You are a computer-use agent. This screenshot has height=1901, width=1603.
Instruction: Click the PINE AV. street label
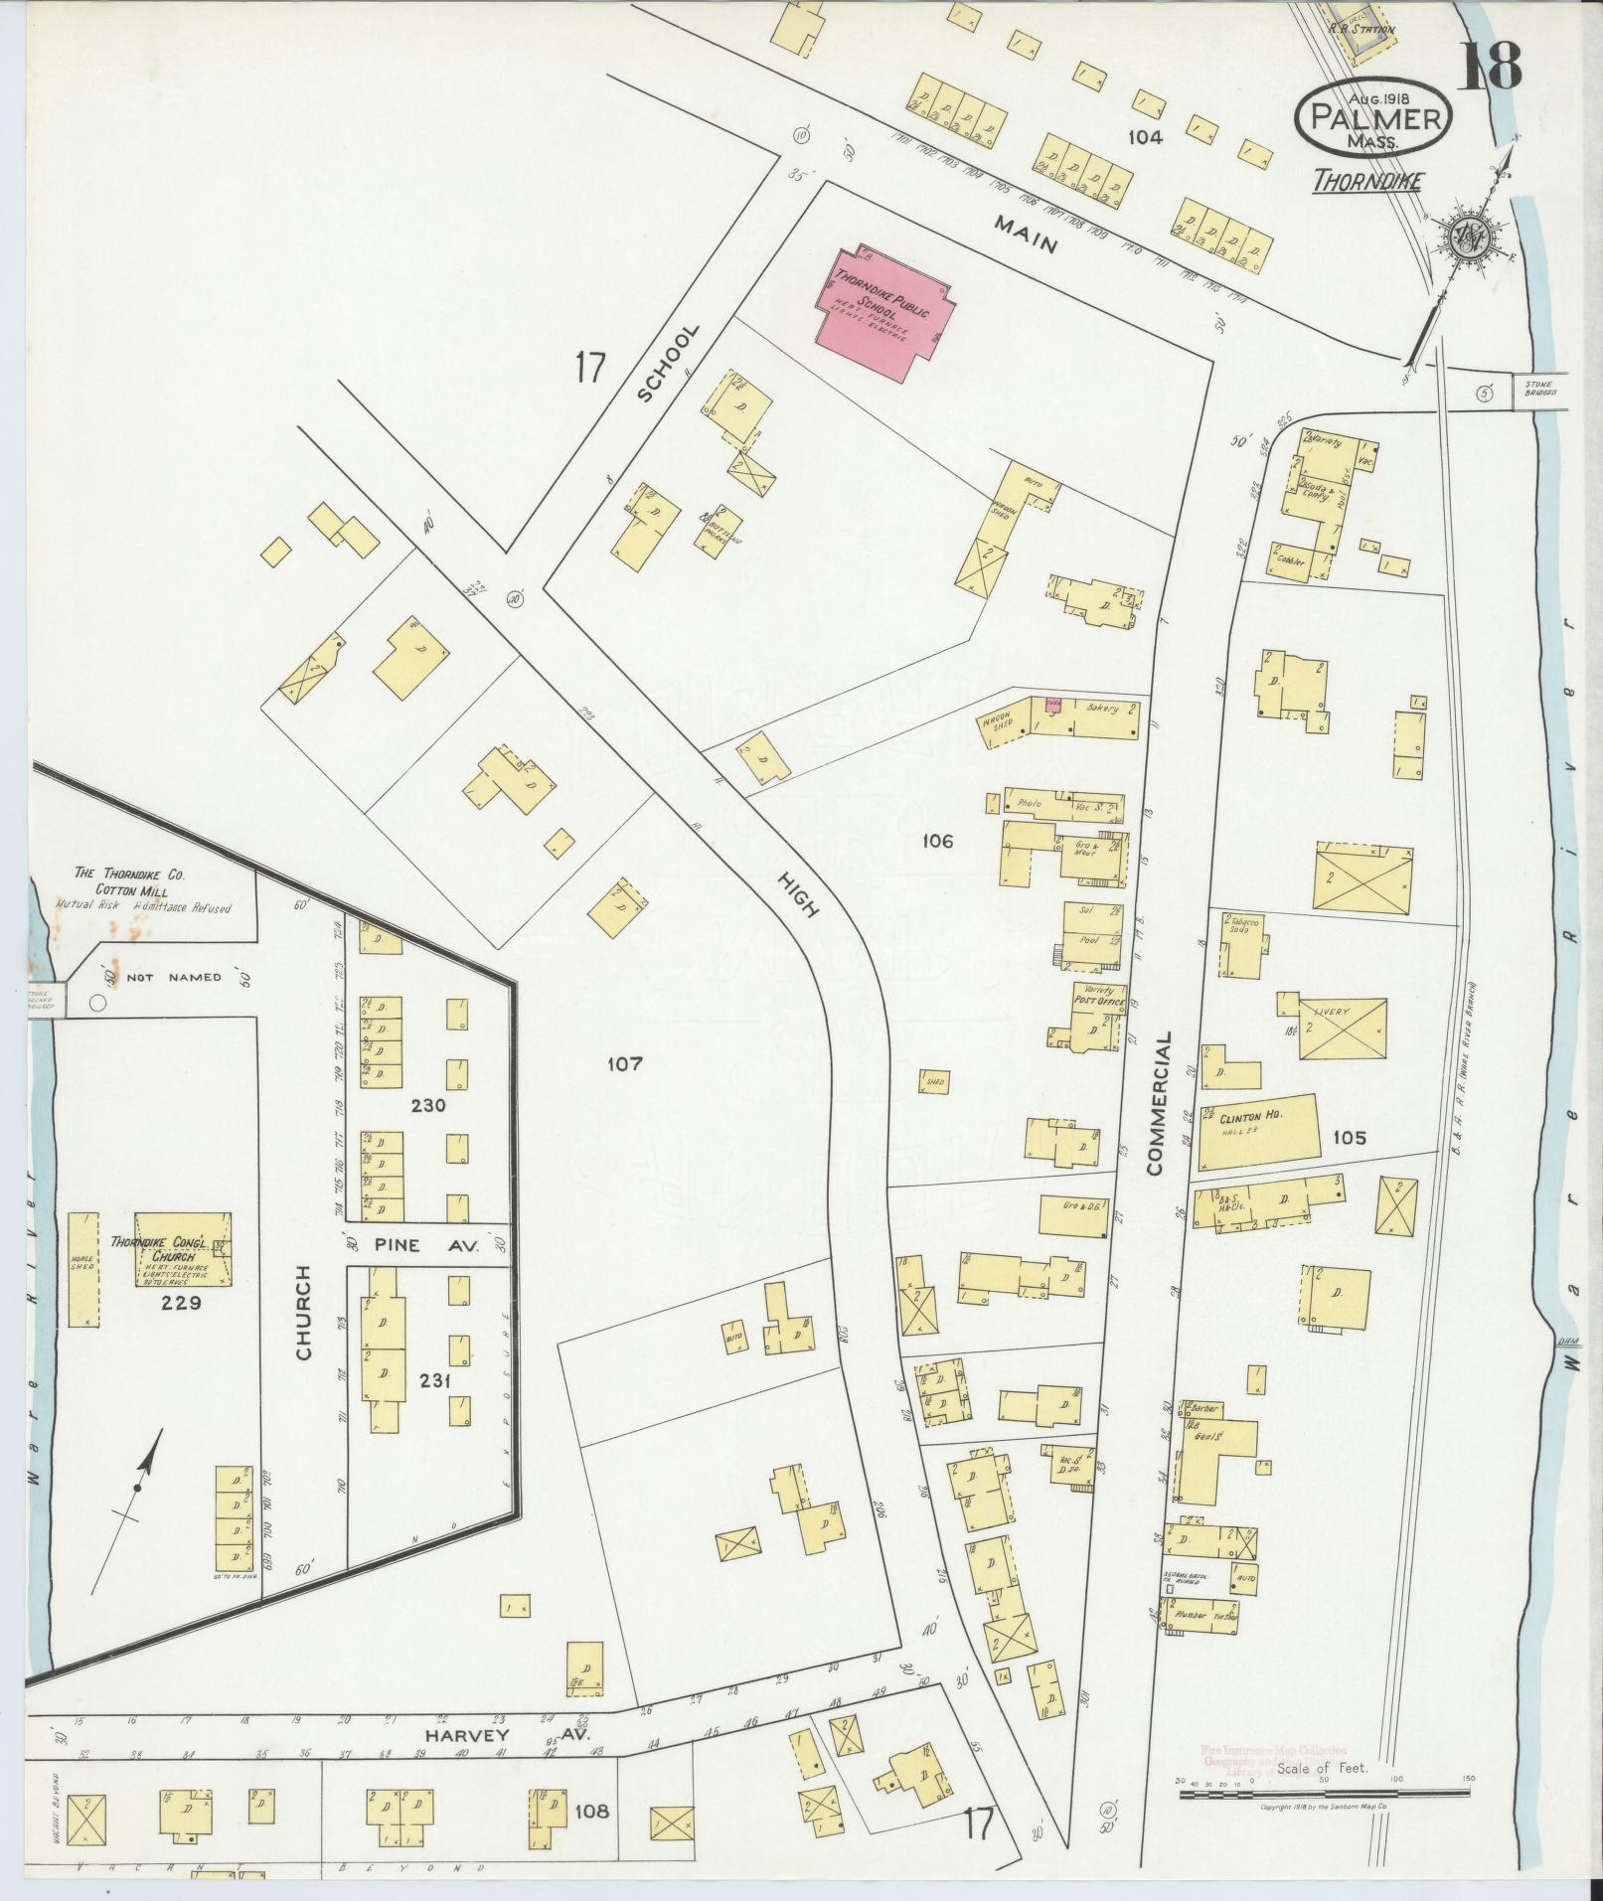point(427,1244)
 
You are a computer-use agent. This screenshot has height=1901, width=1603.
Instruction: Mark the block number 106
point(937,841)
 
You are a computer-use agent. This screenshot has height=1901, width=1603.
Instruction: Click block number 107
point(625,1063)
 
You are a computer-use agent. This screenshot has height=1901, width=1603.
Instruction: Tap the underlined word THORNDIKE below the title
point(1366,182)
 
